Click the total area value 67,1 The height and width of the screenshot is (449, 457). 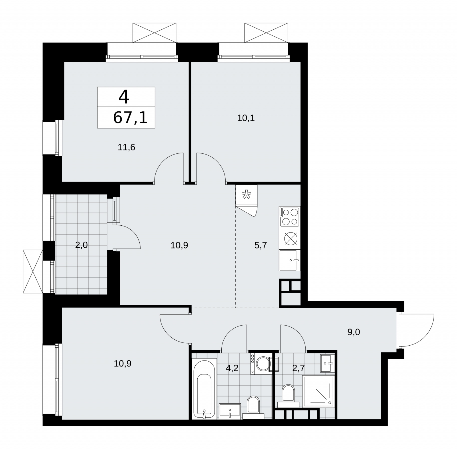pos(130,117)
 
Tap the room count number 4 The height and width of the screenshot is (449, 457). pos(124,97)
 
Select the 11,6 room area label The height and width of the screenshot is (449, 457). pos(127,147)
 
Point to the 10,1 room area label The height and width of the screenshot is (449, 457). pos(246,118)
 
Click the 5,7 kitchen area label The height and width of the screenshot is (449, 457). pos(260,245)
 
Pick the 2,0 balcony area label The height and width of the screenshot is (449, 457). pos(81,245)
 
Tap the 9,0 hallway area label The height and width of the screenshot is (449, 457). pos(354,332)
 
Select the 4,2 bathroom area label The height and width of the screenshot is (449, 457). pos(232,368)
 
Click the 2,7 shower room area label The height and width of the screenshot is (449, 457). pos(298,368)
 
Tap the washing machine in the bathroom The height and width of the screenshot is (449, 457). pos(261,364)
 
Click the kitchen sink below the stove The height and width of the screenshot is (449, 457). pos(290,260)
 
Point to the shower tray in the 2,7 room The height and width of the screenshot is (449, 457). pos(318,391)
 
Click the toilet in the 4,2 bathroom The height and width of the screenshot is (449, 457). pos(253,408)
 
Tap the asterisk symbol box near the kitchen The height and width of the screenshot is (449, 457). pos(246,195)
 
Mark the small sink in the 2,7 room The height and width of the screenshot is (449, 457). pos(327,363)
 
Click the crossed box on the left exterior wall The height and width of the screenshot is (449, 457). pos(33,271)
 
